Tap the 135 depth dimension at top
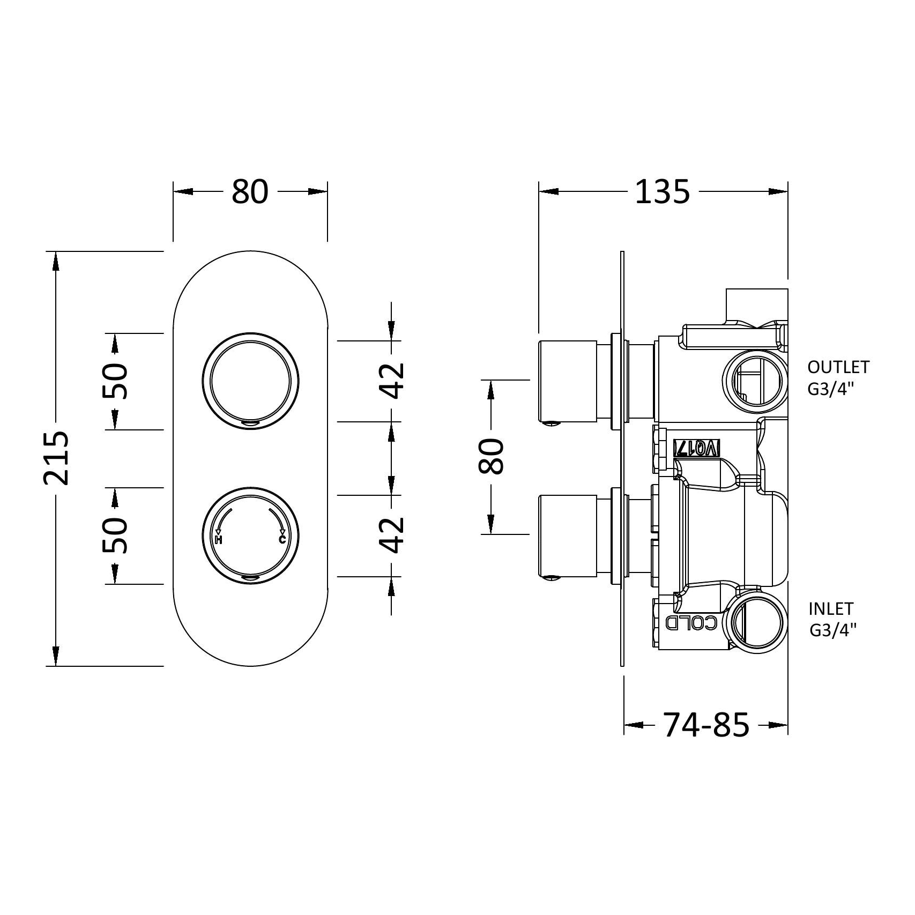click(663, 192)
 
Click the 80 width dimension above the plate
click(250, 192)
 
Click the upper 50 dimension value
click(115, 381)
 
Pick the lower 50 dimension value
click(115, 535)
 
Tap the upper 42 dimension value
click(392, 381)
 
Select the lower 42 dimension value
click(392, 535)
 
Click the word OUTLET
click(838, 367)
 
